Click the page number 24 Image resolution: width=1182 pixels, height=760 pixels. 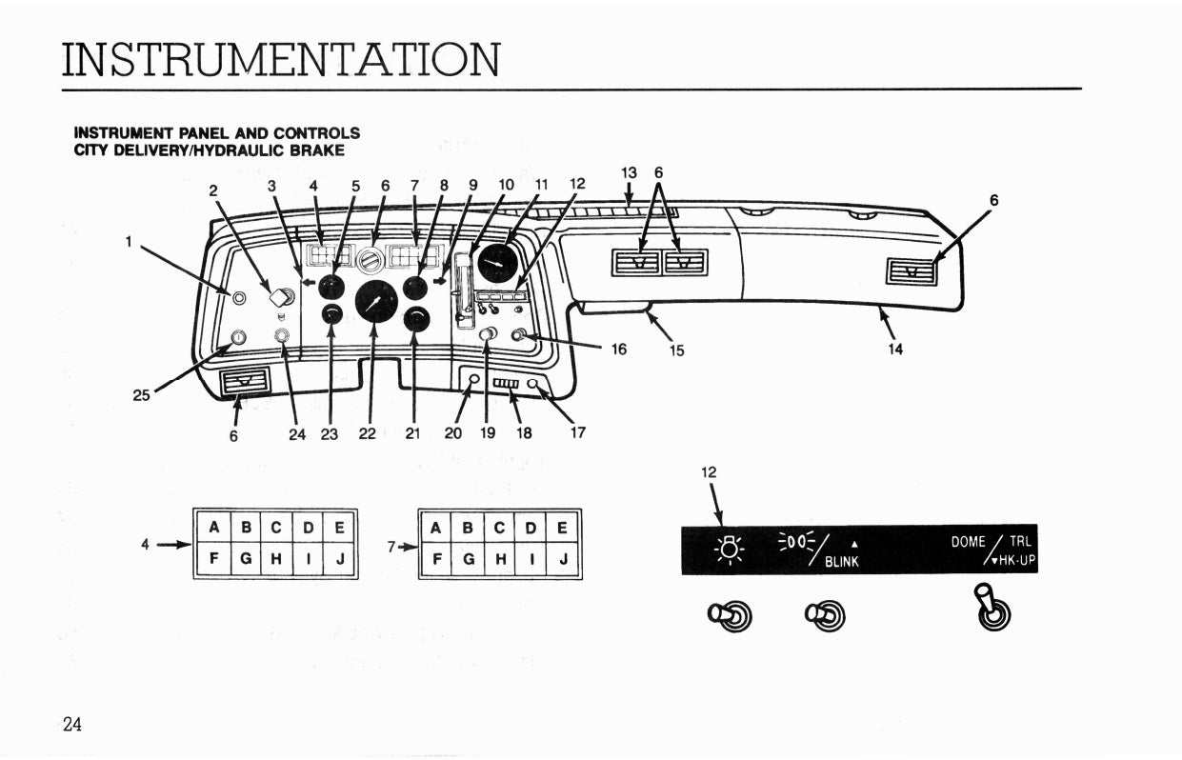click(72, 725)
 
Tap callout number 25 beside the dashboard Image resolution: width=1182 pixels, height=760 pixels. click(141, 395)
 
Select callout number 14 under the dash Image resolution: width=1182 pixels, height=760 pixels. click(895, 350)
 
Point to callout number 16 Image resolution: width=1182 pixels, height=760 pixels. click(619, 350)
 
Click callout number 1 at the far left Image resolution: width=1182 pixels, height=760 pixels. click(128, 241)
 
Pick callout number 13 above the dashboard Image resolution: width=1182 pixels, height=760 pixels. click(629, 173)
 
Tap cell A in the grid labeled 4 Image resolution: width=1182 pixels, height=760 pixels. click(213, 527)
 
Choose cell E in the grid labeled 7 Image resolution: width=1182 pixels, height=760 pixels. click(563, 527)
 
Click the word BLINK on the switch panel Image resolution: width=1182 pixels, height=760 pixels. click(842, 562)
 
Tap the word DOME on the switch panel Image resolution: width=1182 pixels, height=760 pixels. click(969, 542)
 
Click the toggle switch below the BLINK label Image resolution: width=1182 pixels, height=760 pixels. click(826, 616)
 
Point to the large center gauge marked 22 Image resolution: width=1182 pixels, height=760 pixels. click(376, 302)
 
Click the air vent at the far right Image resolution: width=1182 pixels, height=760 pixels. click(912, 273)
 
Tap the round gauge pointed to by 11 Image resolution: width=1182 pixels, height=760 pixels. click(496, 262)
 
